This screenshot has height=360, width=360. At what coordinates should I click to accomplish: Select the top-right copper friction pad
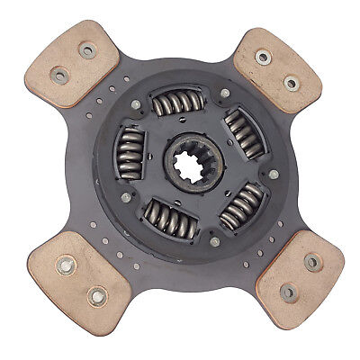coord(276,68)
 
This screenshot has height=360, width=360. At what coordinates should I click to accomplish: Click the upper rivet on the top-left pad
coord(88,51)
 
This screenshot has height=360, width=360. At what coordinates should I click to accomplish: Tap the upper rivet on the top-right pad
coord(263,58)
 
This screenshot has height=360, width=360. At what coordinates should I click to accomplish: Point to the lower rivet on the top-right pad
coord(291,83)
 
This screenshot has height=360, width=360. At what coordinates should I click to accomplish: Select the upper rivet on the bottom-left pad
coord(67,266)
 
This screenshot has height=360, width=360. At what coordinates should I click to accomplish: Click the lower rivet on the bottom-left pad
coord(95,294)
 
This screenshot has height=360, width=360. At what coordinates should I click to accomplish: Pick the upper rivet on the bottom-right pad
coord(311,262)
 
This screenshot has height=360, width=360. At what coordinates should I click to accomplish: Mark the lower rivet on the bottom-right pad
coord(288,292)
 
